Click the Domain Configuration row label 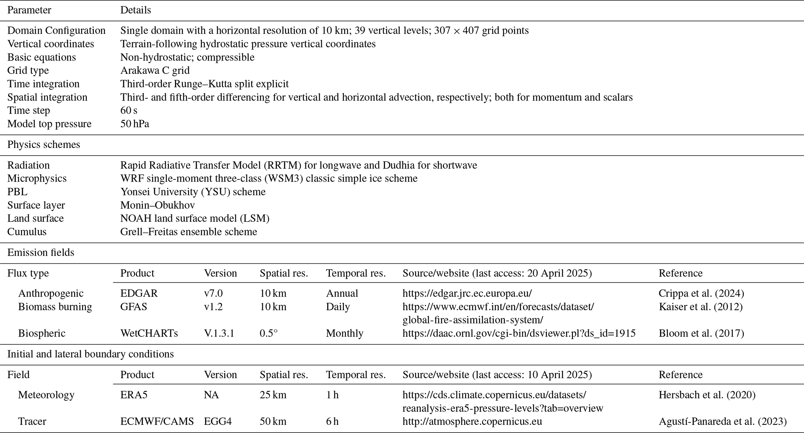[x=56, y=31]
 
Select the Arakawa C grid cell [x=155, y=70]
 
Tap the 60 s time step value [x=129, y=110]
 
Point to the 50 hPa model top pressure [x=135, y=124]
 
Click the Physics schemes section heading [x=44, y=144]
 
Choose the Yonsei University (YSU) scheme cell [x=193, y=192]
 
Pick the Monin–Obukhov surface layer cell [x=157, y=205]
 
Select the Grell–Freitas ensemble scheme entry [x=189, y=232]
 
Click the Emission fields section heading [x=41, y=252]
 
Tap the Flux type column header [x=28, y=273]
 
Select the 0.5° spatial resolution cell [x=269, y=333]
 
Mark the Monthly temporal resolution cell [x=345, y=333]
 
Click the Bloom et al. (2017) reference [x=701, y=333]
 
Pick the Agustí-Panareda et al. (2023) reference [x=722, y=421]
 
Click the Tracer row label [x=32, y=421]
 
